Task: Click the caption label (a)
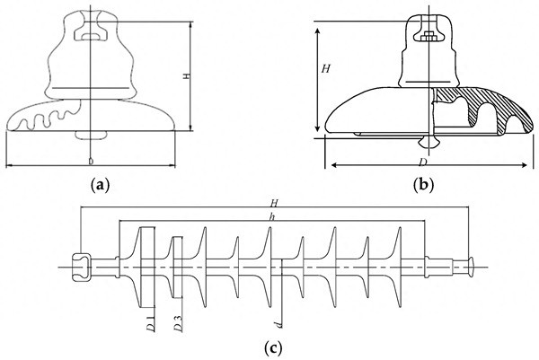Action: pos(100,185)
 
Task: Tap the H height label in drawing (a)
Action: pos(185,77)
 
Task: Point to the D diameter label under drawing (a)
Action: pos(91,161)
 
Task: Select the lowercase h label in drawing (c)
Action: pos(273,216)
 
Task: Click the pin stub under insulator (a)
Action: pos(91,136)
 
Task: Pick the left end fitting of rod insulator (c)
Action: pos(79,266)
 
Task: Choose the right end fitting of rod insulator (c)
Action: pos(469,266)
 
